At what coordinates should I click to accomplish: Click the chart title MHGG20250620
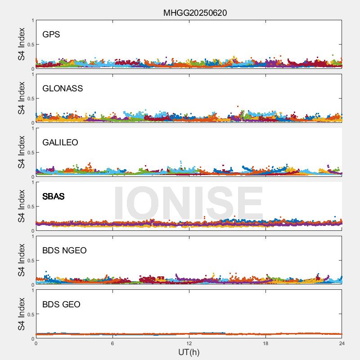195,13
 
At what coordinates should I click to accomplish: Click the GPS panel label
51,34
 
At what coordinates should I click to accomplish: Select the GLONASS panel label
63,88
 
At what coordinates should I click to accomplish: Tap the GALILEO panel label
60,142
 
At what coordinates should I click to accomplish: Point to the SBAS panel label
53,196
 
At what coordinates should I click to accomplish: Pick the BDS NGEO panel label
64,250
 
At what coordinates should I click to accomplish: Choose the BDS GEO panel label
61,304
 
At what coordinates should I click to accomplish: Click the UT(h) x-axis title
189,352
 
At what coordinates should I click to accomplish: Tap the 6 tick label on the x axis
112,344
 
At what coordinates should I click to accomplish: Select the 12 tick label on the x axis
189,344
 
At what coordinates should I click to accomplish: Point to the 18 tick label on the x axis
265,344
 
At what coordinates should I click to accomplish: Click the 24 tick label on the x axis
342,344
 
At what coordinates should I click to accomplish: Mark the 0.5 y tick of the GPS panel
30,45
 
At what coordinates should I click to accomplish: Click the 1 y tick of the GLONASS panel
32,75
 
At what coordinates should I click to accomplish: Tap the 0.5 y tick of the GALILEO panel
30,153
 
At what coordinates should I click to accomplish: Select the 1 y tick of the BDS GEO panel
32,291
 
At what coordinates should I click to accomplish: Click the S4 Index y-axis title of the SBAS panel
22,206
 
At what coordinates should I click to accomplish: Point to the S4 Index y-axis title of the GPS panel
22,44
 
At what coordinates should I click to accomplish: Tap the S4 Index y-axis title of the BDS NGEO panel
22,260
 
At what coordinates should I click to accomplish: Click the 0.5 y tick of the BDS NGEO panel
30,261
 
